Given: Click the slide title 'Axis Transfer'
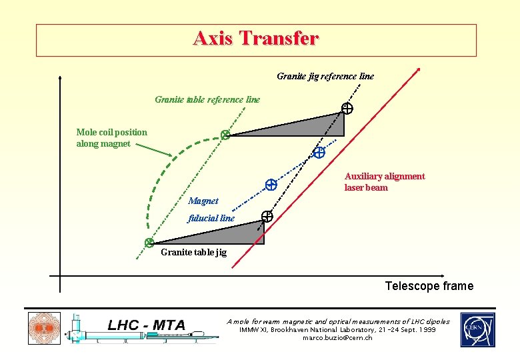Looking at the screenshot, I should point(256,39).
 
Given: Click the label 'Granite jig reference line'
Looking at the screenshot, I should point(325,76).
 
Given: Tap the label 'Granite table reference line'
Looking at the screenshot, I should point(207,99).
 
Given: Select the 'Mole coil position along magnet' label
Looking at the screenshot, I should point(111,138).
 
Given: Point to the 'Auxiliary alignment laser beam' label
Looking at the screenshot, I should point(384,182).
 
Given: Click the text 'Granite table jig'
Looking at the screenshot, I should point(193,252).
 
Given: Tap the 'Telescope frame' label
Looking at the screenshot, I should point(429,286).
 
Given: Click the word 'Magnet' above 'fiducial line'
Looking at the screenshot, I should point(203,201).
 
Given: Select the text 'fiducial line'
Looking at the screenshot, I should point(211,217).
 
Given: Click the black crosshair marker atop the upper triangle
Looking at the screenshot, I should point(347,108).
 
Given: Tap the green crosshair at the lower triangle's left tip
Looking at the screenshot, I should point(150,243).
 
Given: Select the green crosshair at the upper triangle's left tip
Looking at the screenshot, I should point(225,135).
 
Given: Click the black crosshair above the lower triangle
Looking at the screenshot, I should point(267,216).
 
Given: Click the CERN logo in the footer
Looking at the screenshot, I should point(477,329).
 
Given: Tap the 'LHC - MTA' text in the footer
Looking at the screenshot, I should point(146,325).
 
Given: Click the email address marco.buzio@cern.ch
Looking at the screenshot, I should point(337,338).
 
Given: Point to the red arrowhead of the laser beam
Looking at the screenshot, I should point(418,68).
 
